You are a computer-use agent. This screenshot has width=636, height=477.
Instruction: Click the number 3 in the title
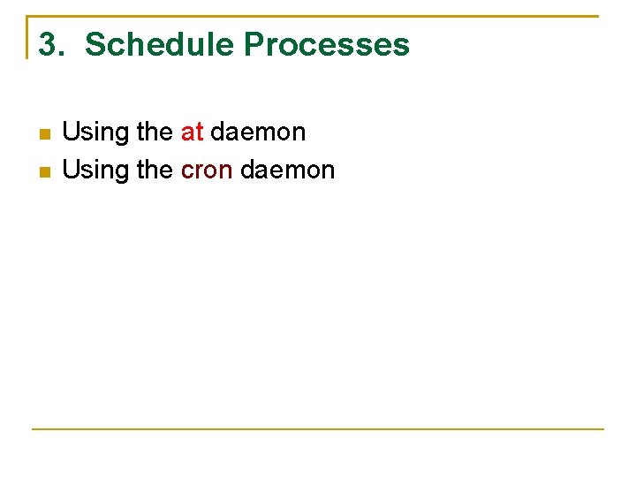tap(48, 44)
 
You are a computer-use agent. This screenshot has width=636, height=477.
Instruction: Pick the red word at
tap(192, 132)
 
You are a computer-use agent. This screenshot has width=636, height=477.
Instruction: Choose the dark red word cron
tap(207, 170)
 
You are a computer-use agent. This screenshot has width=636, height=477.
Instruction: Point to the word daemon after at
tap(258, 132)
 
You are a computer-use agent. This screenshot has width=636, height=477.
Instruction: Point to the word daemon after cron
tap(288, 170)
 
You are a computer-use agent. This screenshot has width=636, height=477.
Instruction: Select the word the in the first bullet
tap(155, 132)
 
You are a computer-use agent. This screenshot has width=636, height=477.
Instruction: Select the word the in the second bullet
tap(155, 170)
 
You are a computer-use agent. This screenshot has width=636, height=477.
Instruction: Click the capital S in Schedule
tap(95, 44)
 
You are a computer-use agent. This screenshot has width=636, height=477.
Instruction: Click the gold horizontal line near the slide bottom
tap(318, 429)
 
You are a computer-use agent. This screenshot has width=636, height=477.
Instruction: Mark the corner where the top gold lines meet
tap(27, 16)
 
